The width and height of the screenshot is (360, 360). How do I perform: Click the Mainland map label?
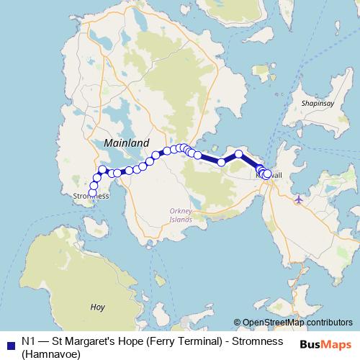[127, 143]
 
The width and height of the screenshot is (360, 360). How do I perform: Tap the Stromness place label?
[91, 196]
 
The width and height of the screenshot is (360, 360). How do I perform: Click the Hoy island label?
[98, 307]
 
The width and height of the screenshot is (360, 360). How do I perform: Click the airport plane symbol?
[300, 197]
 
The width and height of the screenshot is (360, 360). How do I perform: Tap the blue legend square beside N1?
[10, 341]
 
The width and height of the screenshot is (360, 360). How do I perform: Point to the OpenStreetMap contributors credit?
[297, 323]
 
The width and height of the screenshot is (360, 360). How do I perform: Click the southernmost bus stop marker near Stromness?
[93, 192]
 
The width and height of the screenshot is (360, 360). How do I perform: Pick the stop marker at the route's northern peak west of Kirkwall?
[239, 153]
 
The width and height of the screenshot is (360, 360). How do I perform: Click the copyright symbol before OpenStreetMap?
[237, 323]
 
